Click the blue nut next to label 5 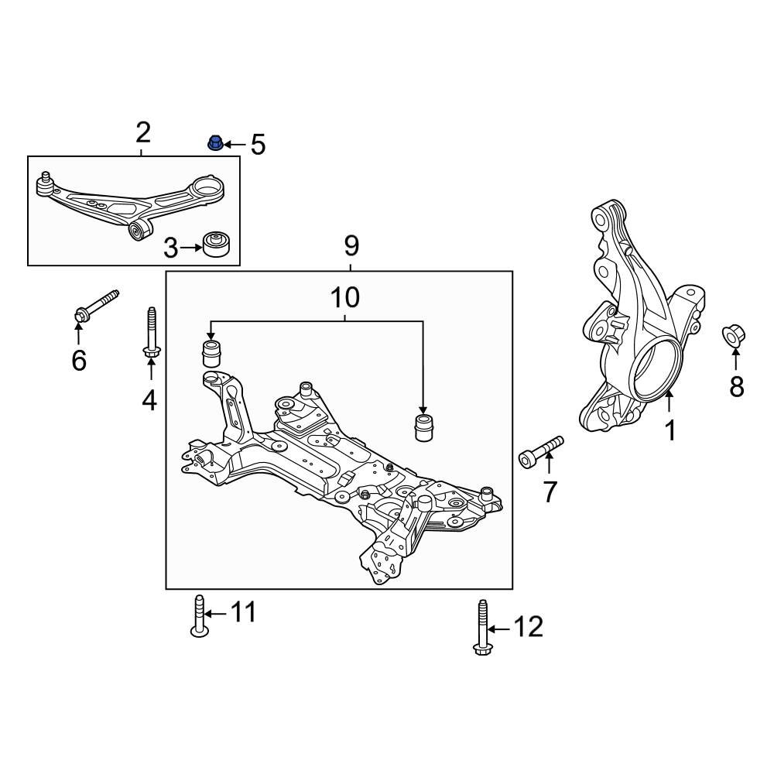click(x=214, y=143)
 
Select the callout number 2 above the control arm click(x=142, y=132)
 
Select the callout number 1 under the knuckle click(x=670, y=430)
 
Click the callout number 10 click(x=345, y=296)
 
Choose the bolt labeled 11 click(x=199, y=617)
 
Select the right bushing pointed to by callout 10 click(x=423, y=426)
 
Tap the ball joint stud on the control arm click(x=45, y=179)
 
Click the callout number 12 click(x=529, y=627)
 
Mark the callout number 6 click(x=79, y=360)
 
